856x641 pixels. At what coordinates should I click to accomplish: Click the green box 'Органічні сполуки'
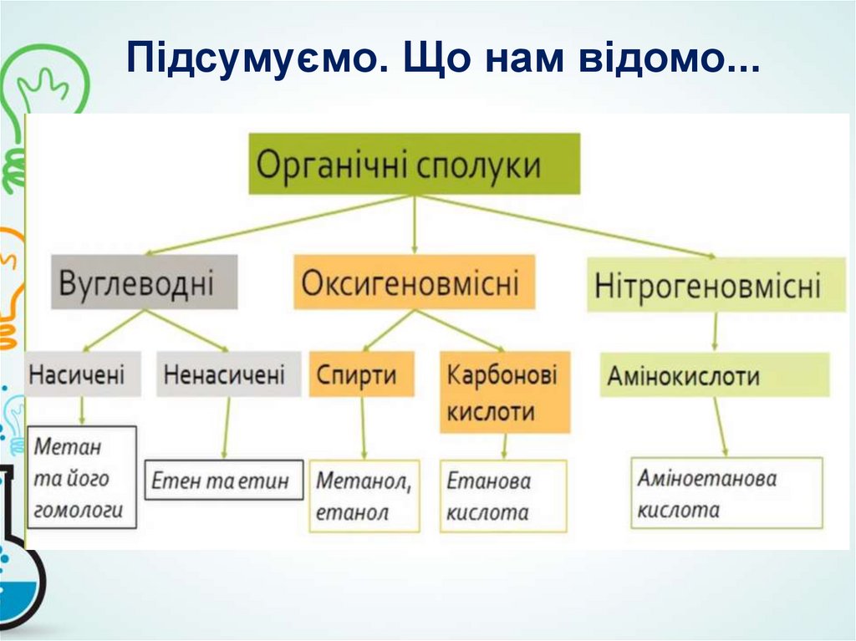point(415,164)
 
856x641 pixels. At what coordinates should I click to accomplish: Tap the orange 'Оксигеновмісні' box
point(414,282)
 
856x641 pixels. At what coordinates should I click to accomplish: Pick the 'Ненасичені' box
point(227,374)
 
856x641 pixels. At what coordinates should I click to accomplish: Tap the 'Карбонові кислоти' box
point(504,392)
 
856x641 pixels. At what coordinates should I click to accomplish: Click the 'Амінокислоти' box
point(715,374)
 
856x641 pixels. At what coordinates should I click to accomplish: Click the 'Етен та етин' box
point(224,480)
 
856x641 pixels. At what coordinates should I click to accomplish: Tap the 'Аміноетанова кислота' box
point(726,492)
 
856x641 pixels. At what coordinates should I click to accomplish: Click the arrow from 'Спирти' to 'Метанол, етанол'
point(363,427)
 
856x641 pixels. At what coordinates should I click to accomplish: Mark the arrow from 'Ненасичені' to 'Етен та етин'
point(226,426)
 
